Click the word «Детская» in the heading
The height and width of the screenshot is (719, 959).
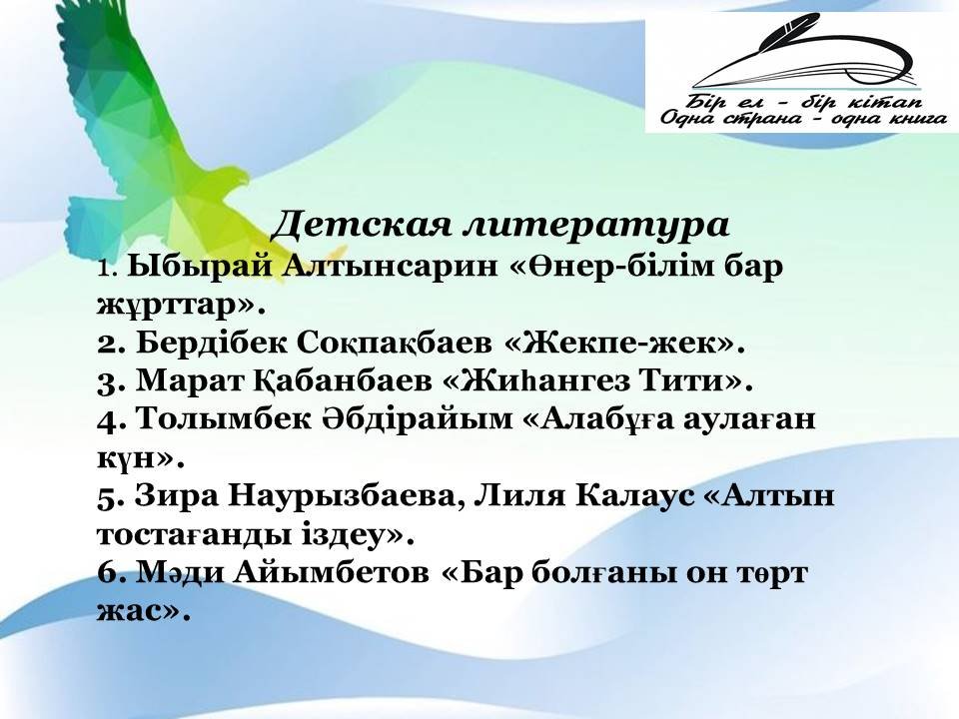[x=358, y=225]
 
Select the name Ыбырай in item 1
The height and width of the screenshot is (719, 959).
[x=200, y=269]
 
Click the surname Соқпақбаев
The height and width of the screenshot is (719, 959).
[x=395, y=344]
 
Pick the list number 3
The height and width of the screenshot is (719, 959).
[x=111, y=381]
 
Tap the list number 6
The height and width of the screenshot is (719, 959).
[x=110, y=573]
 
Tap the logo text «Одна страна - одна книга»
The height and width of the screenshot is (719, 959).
[x=804, y=118]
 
